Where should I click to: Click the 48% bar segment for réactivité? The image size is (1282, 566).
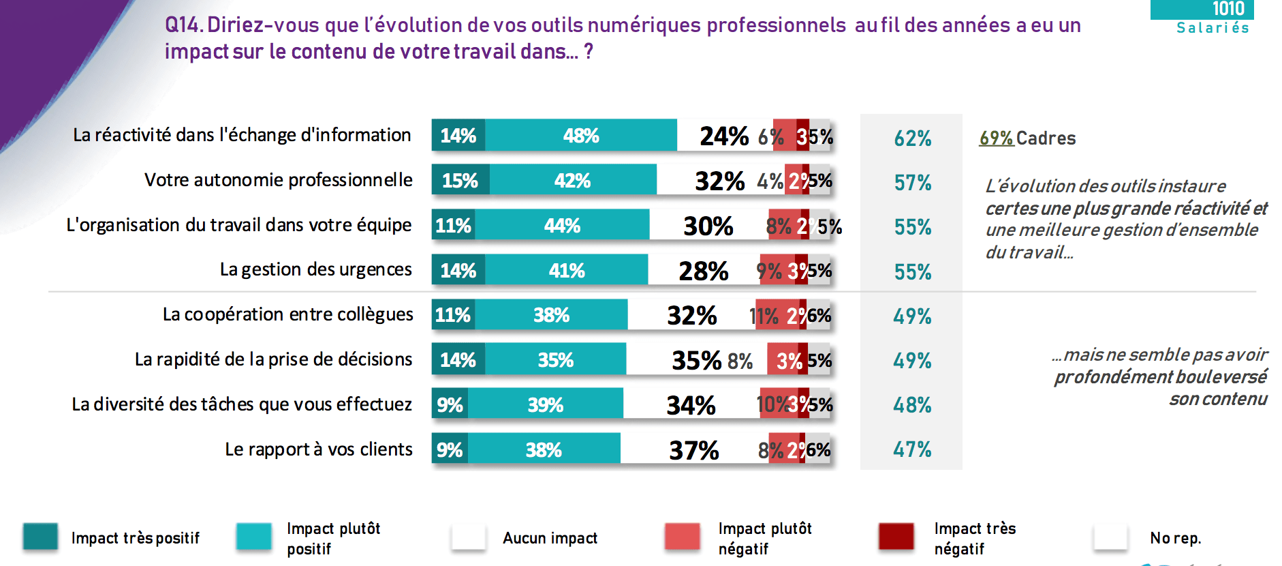coord(580,136)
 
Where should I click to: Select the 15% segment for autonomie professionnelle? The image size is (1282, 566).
coord(460,181)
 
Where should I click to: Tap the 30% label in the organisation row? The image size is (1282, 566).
coord(708,226)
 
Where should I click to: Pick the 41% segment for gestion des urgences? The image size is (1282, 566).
coord(566,271)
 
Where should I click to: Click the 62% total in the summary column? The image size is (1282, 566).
coord(912,138)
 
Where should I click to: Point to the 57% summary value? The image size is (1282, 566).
coord(912,183)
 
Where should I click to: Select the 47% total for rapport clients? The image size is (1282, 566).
coord(912,449)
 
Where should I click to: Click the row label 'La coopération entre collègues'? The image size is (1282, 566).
coord(287,314)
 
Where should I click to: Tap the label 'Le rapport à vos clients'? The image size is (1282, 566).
coord(318,449)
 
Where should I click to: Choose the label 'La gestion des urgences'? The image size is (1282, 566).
coord(315,269)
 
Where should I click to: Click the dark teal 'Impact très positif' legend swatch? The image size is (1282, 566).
coord(40,537)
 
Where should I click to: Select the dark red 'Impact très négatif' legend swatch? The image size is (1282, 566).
coord(896,537)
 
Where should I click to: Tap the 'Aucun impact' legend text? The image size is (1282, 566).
coord(550,538)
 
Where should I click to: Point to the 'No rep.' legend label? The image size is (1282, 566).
coord(1175,538)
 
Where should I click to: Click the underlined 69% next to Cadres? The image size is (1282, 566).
coord(996,138)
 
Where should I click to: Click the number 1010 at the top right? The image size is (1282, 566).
coord(1228,9)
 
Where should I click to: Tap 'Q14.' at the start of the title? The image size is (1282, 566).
coord(183,25)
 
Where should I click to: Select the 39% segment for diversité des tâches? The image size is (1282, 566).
coord(545,405)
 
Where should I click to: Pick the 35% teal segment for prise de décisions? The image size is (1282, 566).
coord(555,360)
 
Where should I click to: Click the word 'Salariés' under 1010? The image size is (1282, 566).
coord(1213,28)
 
